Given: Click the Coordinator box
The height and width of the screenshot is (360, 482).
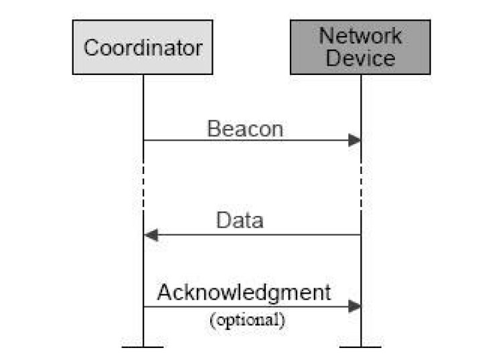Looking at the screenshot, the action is pyautogui.click(x=143, y=48).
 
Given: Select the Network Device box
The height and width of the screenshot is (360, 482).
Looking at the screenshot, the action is pyautogui.click(x=360, y=48).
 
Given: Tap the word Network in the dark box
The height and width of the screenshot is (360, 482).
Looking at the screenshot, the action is pyautogui.click(x=360, y=35).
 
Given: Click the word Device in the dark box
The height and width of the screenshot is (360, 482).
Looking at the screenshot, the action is pyautogui.click(x=360, y=58).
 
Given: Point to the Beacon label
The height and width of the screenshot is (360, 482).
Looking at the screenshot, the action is pyautogui.click(x=245, y=128).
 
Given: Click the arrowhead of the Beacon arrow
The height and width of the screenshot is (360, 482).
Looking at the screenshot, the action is pyautogui.click(x=354, y=140).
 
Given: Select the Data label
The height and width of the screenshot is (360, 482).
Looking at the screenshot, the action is pyautogui.click(x=240, y=220).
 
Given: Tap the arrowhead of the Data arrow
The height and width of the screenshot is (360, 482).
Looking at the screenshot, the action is pyautogui.click(x=151, y=235).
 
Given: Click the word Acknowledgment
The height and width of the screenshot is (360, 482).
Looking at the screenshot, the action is pyautogui.click(x=244, y=292).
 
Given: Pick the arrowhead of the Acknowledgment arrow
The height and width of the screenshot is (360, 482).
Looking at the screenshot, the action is pyautogui.click(x=354, y=306).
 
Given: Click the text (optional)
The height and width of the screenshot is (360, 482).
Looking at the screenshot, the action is pyautogui.click(x=248, y=320).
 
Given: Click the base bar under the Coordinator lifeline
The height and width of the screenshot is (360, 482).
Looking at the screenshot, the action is pyautogui.click(x=143, y=347).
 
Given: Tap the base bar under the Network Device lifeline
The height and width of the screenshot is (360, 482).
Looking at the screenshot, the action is pyautogui.click(x=361, y=347).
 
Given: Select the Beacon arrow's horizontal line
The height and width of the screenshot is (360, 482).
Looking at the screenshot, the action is pyautogui.click(x=252, y=141).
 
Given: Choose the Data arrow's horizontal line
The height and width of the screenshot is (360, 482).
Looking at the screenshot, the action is pyautogui.click(x=252, y=235).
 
